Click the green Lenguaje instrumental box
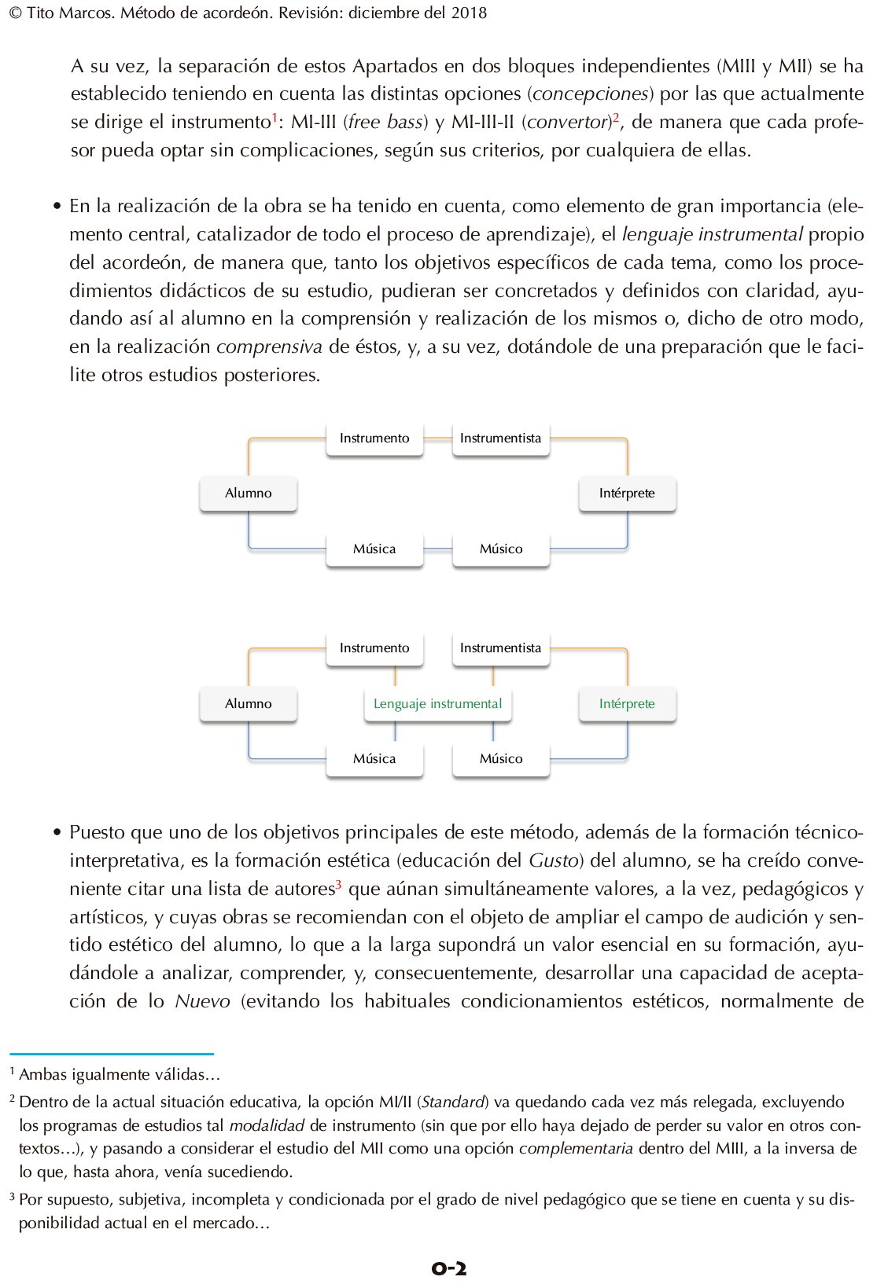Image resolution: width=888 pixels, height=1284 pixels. [437, 704]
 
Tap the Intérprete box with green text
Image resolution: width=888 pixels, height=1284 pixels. [627, 704]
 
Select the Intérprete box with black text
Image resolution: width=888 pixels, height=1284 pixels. [627, 493]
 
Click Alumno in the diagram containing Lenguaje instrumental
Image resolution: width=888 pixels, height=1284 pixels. [249, 704]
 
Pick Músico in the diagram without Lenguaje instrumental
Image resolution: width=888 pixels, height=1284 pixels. [501, 549]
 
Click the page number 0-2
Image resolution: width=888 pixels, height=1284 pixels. [448, 1267]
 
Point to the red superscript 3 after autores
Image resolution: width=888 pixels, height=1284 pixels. [338, 885]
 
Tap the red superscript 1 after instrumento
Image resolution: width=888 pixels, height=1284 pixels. [275, 118]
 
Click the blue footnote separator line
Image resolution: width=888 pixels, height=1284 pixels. [111, 1054]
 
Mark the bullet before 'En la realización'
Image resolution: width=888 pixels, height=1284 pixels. [57, 207]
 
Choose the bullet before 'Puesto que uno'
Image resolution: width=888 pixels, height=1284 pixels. [57, 833]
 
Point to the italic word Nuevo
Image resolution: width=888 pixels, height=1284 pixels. [202, 1001]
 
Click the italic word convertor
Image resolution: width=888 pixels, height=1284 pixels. [568, 122]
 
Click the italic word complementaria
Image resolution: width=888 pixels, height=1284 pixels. [576, 1148]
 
